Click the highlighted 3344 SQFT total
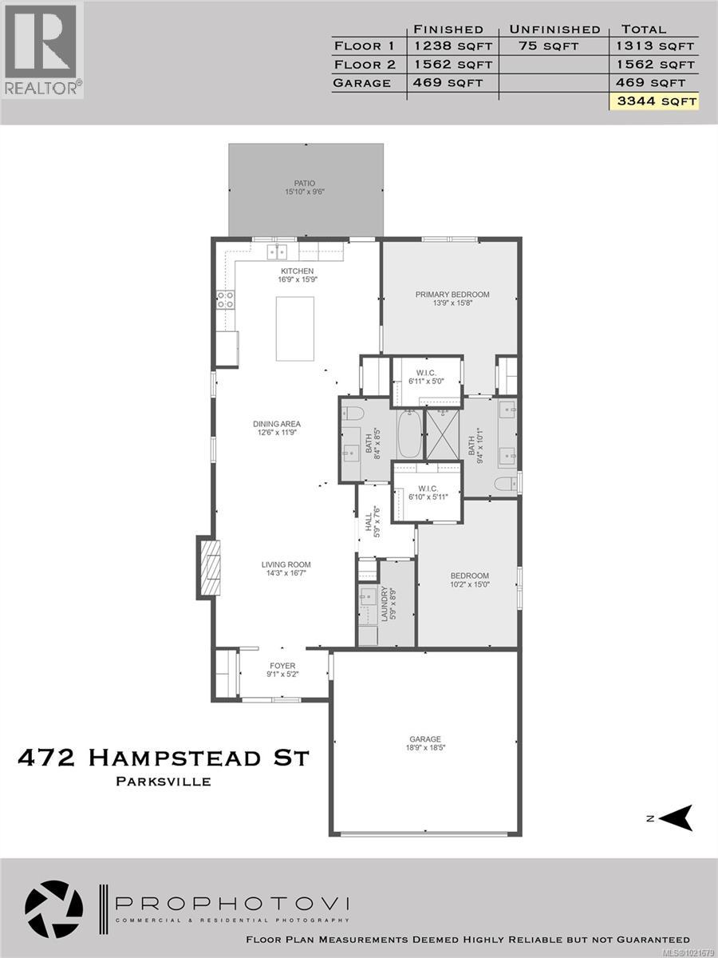pos(653,101)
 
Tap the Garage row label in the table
pos(362,83)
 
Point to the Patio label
pos(306,187)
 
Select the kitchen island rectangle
pos(295,328)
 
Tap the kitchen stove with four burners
pos(226,299)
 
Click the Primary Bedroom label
pos(452,299)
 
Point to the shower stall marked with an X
pos(444,433)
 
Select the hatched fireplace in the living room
pos(209,568)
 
